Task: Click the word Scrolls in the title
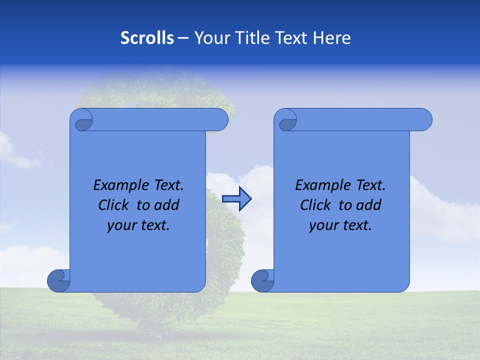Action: (147, 38)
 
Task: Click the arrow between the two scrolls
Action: (236, 198)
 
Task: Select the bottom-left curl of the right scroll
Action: (263, 280)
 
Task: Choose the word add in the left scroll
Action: (167, 205)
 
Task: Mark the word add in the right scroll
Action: (369, 205)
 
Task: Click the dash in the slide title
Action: (183, 38)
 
